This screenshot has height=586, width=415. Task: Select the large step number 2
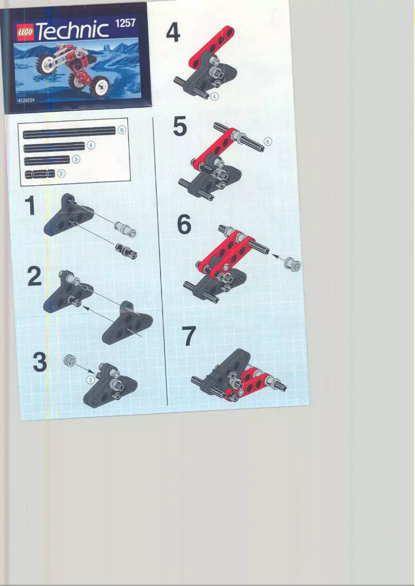[x=34, y=277]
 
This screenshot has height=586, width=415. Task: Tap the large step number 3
[x=39, y=362]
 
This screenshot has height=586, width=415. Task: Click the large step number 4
[x=173, y=33]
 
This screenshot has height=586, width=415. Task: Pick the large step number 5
[x=180, y=127]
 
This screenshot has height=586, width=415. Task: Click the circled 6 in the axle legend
[x=122, y=130]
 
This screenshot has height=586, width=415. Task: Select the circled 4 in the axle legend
[x=91, y=145]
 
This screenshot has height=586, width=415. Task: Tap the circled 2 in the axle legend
[x=61, y=173]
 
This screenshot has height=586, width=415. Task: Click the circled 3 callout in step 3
[x=91, y=380]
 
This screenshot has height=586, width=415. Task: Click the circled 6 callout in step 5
[x=268, y=141]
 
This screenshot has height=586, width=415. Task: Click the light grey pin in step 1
[x=126, y=229]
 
